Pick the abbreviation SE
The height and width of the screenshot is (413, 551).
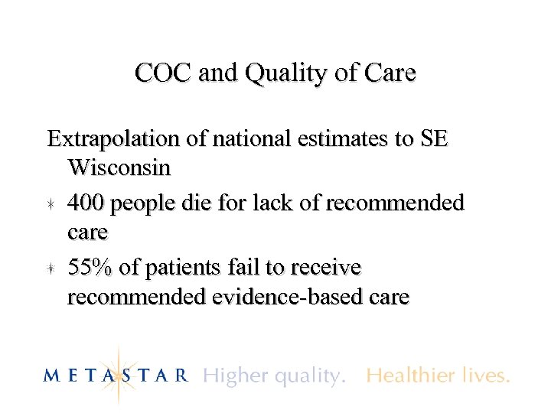click(434, 139)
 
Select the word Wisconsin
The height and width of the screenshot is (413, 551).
click(119, 167)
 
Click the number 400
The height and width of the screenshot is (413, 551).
click(86, 203)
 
